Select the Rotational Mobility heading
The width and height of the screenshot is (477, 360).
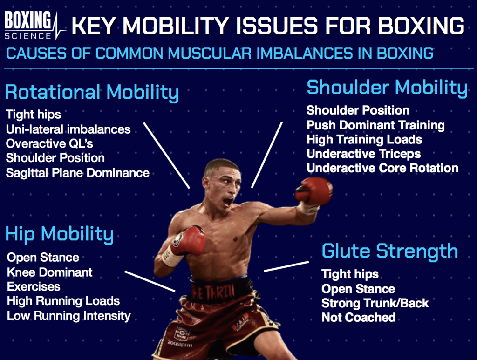[92, 92]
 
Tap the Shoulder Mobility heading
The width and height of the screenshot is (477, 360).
[387, 88]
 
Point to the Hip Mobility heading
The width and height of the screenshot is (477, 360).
[60, 234]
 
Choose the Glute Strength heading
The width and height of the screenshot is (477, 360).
[390, 251]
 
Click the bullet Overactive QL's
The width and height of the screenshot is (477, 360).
[49, 143]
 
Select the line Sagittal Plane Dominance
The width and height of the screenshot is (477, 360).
[78, 173]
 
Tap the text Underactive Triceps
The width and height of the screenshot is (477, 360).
[363, 154]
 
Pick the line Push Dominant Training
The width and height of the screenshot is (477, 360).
[376, 125]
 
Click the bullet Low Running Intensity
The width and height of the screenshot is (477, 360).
[69, 316]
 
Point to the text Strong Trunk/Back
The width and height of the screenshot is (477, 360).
[375, 303]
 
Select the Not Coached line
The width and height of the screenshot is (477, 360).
[359, 318]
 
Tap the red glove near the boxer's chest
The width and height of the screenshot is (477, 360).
[187, 240]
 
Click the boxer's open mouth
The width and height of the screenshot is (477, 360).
[228, 202]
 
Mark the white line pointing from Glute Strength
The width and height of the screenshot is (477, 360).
[286, 266]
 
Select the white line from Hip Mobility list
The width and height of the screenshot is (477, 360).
[150, 281]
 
